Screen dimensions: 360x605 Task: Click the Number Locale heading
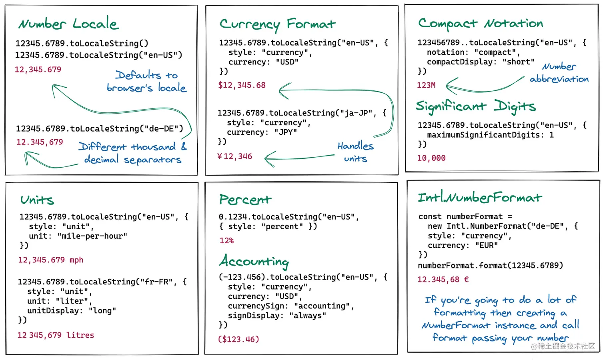[x=68, y=24]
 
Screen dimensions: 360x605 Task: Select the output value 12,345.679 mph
[x=51, y=260]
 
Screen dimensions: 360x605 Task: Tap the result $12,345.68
[x=242, y=85]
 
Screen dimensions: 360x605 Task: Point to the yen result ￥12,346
[x=234, y=156]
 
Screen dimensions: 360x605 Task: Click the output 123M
[x=426, y=85]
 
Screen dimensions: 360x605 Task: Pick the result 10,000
[x=431, y=158]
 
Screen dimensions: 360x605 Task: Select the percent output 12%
[x=226, y=240]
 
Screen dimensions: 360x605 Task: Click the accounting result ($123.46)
[x=238, y=339]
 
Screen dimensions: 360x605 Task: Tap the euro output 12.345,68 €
[x=443, y=280]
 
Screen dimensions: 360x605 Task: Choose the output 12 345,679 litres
[x=56, y=335]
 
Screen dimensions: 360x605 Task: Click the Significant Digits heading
[x=475, y=106]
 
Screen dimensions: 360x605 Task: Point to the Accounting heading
[x=254, y=261]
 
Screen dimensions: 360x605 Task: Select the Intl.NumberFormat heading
[x=480, y=197]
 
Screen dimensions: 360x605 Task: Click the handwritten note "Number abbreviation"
[x=559, y=73]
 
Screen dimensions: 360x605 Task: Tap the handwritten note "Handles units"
[x=355, y=152]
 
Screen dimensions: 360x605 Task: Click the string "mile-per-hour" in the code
[x=92, y=236]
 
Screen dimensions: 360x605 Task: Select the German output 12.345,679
[x=40, y=142]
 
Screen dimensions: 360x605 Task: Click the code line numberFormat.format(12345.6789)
[x=490, y=265]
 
